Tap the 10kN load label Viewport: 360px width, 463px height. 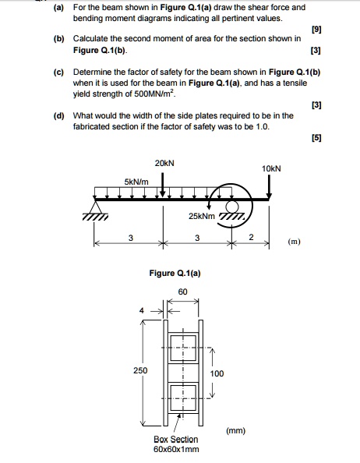click(271, 168)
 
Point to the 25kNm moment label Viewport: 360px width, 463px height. click(202, 215)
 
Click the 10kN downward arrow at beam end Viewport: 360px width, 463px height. click(270, 188)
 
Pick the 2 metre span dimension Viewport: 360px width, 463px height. click(251, 237)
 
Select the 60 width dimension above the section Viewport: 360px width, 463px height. click(182, 291)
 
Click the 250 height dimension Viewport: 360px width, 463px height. click(139, 370)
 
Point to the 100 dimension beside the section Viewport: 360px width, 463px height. click(217, 373)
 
